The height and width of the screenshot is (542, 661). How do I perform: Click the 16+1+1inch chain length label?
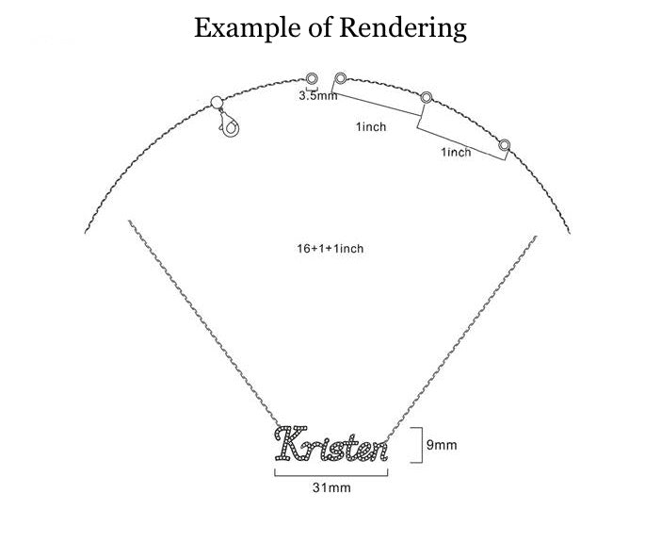(x=330, y=249)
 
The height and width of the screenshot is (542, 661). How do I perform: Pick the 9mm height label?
(x=442, y=444)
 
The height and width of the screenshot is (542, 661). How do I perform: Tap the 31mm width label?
(x=330, y=488)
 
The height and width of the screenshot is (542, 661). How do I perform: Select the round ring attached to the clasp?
(x=216, y=103)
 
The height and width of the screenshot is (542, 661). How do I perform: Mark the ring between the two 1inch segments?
(x=427, y=97)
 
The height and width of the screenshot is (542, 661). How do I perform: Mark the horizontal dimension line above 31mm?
(x=330, y=474)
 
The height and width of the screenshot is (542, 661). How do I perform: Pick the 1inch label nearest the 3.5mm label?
(x=371, y=127)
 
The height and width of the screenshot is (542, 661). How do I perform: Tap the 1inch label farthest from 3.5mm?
(x=456, y=153)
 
